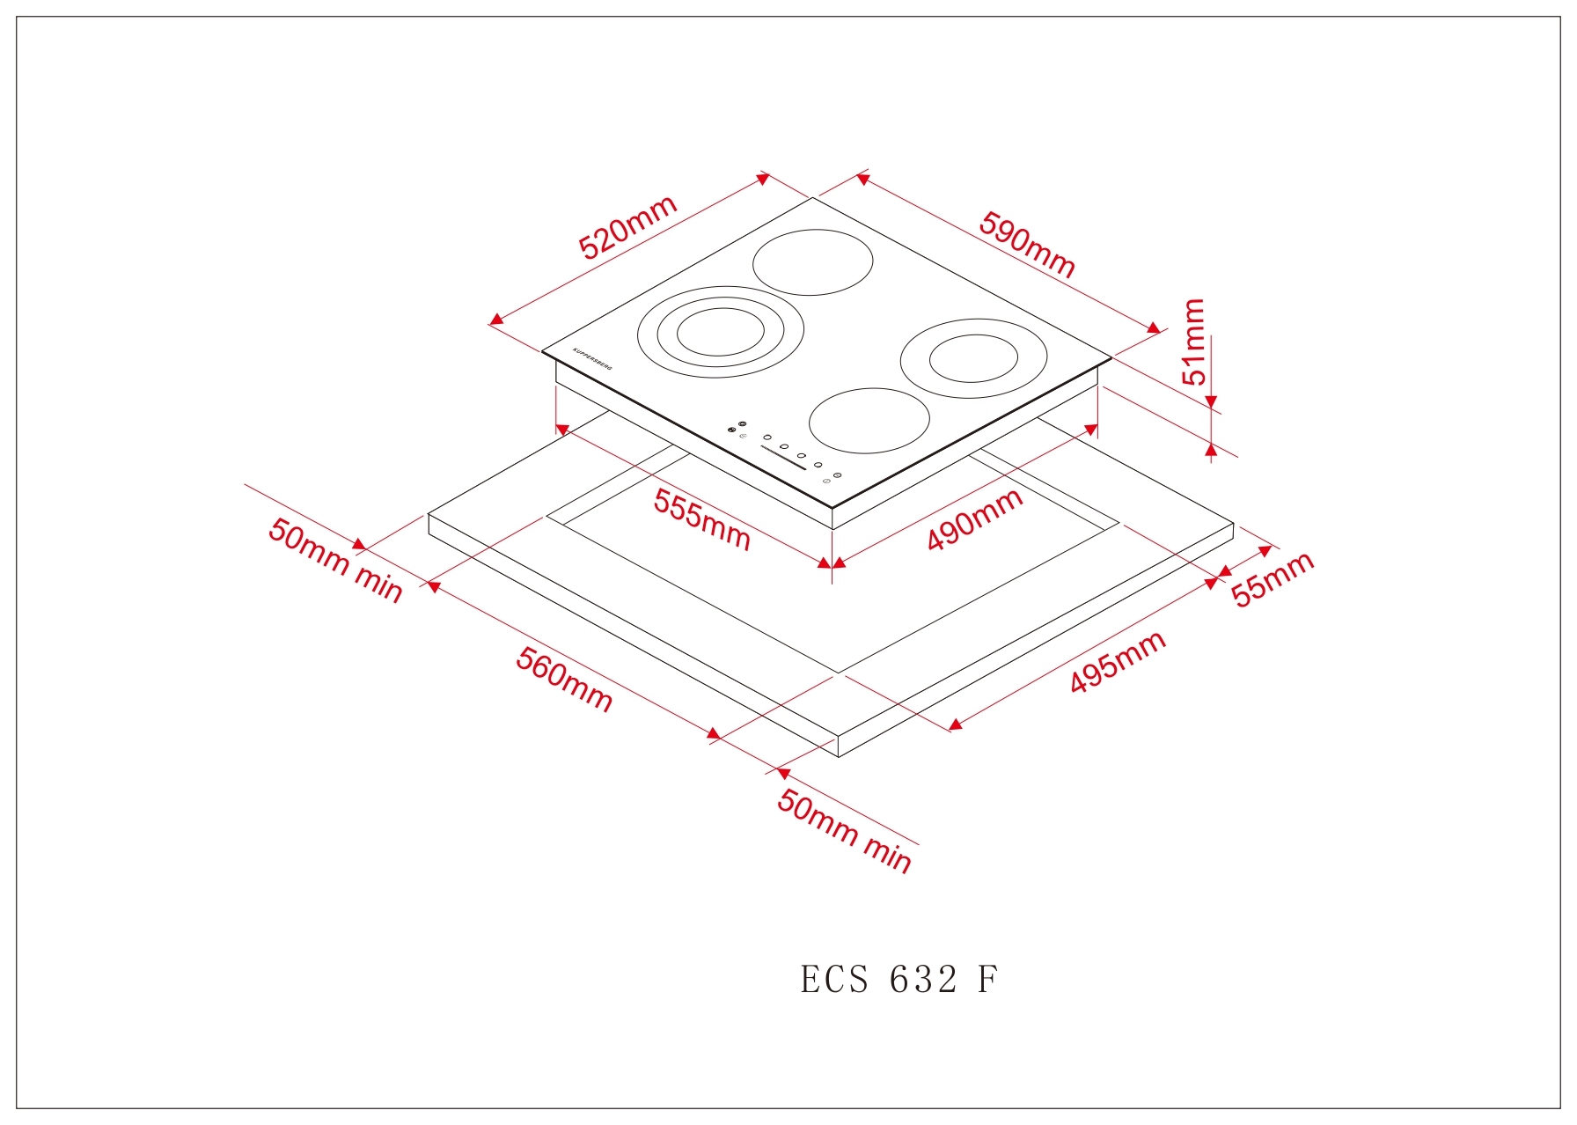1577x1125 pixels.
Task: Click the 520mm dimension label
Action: tap(627, 228)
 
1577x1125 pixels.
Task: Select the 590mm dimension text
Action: tap(1027, 245)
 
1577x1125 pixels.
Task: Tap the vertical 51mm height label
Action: tap(1193, 342)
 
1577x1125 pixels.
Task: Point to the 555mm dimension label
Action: tap(701, 520)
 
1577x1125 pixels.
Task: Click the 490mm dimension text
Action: tap(974, 519)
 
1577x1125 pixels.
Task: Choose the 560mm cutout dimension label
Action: tap(564, 679)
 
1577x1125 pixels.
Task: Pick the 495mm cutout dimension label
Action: tap(1118, 662)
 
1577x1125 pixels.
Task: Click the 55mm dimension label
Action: tap(1272, 578)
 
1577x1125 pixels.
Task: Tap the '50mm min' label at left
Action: tap(335, 560)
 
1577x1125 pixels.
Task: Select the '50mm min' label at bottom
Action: tap(844, 831)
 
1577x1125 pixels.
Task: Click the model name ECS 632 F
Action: tap(899, 980)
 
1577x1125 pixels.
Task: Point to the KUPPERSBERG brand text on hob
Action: tap(592, 358)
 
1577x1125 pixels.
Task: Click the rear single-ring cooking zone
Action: tap(813, 262)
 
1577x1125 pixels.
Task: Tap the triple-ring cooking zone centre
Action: tap(720, 332)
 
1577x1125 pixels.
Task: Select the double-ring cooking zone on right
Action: tap(973, 359)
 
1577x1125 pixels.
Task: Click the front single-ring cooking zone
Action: tap(869, 421)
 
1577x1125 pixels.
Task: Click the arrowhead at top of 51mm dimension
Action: tap(1211, 402)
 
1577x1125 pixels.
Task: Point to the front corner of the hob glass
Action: tap(833, 509)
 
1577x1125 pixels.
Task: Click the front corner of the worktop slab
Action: tap(839, 756)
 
